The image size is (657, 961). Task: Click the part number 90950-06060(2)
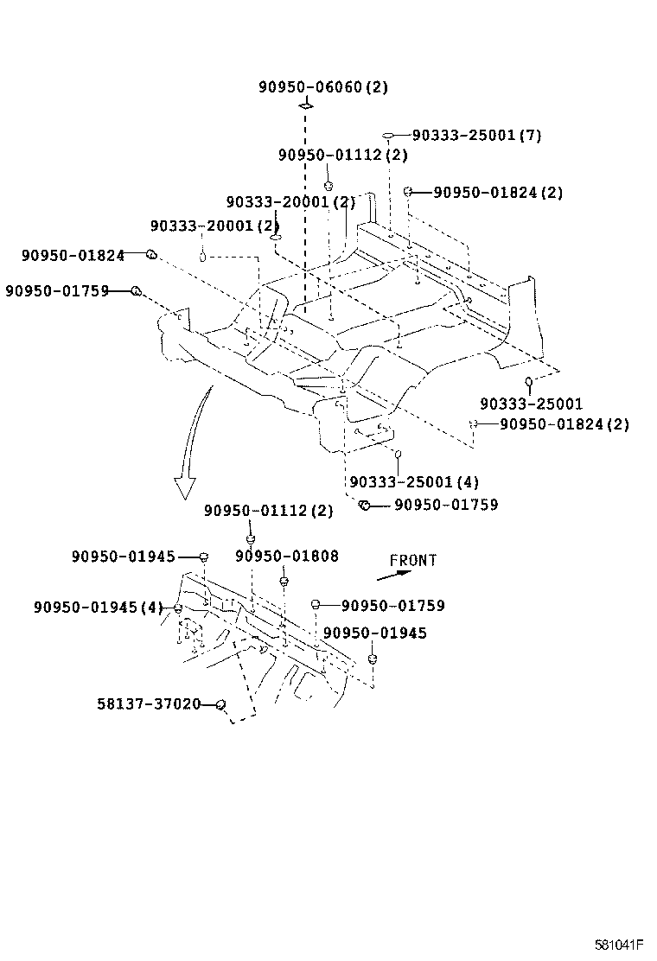(323, 86)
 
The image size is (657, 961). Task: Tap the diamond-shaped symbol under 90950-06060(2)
(305, 105)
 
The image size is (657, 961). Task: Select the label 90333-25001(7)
(476, 135)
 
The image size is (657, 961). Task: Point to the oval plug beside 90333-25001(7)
(390, 136)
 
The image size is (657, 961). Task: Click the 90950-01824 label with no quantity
(73, 255)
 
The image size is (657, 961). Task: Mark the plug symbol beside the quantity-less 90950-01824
(150, 254)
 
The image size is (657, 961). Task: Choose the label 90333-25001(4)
(414, 481)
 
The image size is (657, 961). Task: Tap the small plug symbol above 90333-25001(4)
(398, 454)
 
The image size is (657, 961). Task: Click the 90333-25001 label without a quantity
(531, 404)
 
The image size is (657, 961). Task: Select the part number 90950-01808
(287, 557)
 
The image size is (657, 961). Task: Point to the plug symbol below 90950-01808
(284, 581)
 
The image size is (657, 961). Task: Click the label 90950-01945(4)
(99, 608)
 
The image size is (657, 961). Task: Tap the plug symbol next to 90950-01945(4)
(178, 608)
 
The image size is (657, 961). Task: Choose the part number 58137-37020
(149, 704)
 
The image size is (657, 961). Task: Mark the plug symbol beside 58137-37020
(220, 705)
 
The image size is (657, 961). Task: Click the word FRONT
(413, 560)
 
